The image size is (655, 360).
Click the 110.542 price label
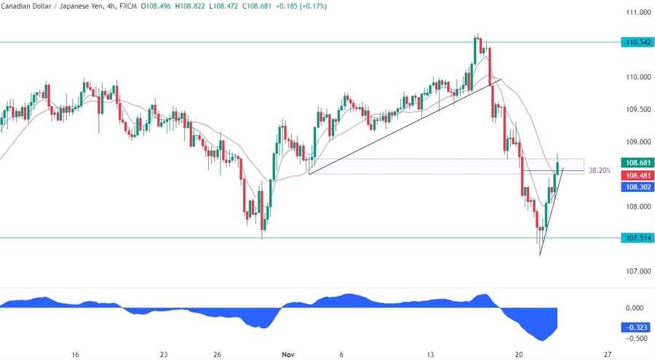(x=638, y=42)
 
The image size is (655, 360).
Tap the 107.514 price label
(x=638, y=238)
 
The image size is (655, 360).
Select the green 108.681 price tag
(x=638, y=163)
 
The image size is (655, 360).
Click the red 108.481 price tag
(x=638, y=175)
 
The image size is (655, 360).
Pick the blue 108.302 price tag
(x=638, y=187)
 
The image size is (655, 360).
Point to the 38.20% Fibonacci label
(x=598, y=171)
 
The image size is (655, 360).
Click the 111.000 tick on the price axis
(x=638, y=12)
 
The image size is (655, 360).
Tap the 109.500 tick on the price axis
(x=638, y=109)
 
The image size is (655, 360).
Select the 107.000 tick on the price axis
(x=638, y=271)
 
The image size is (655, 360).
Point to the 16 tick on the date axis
(x=75, y=354)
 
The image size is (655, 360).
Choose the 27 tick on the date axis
(x=607, y=354)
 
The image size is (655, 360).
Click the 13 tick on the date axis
(x=430, y=354)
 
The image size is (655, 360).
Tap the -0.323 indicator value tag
(x=638, y=328)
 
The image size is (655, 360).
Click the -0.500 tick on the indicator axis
(x=638, y=338)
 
